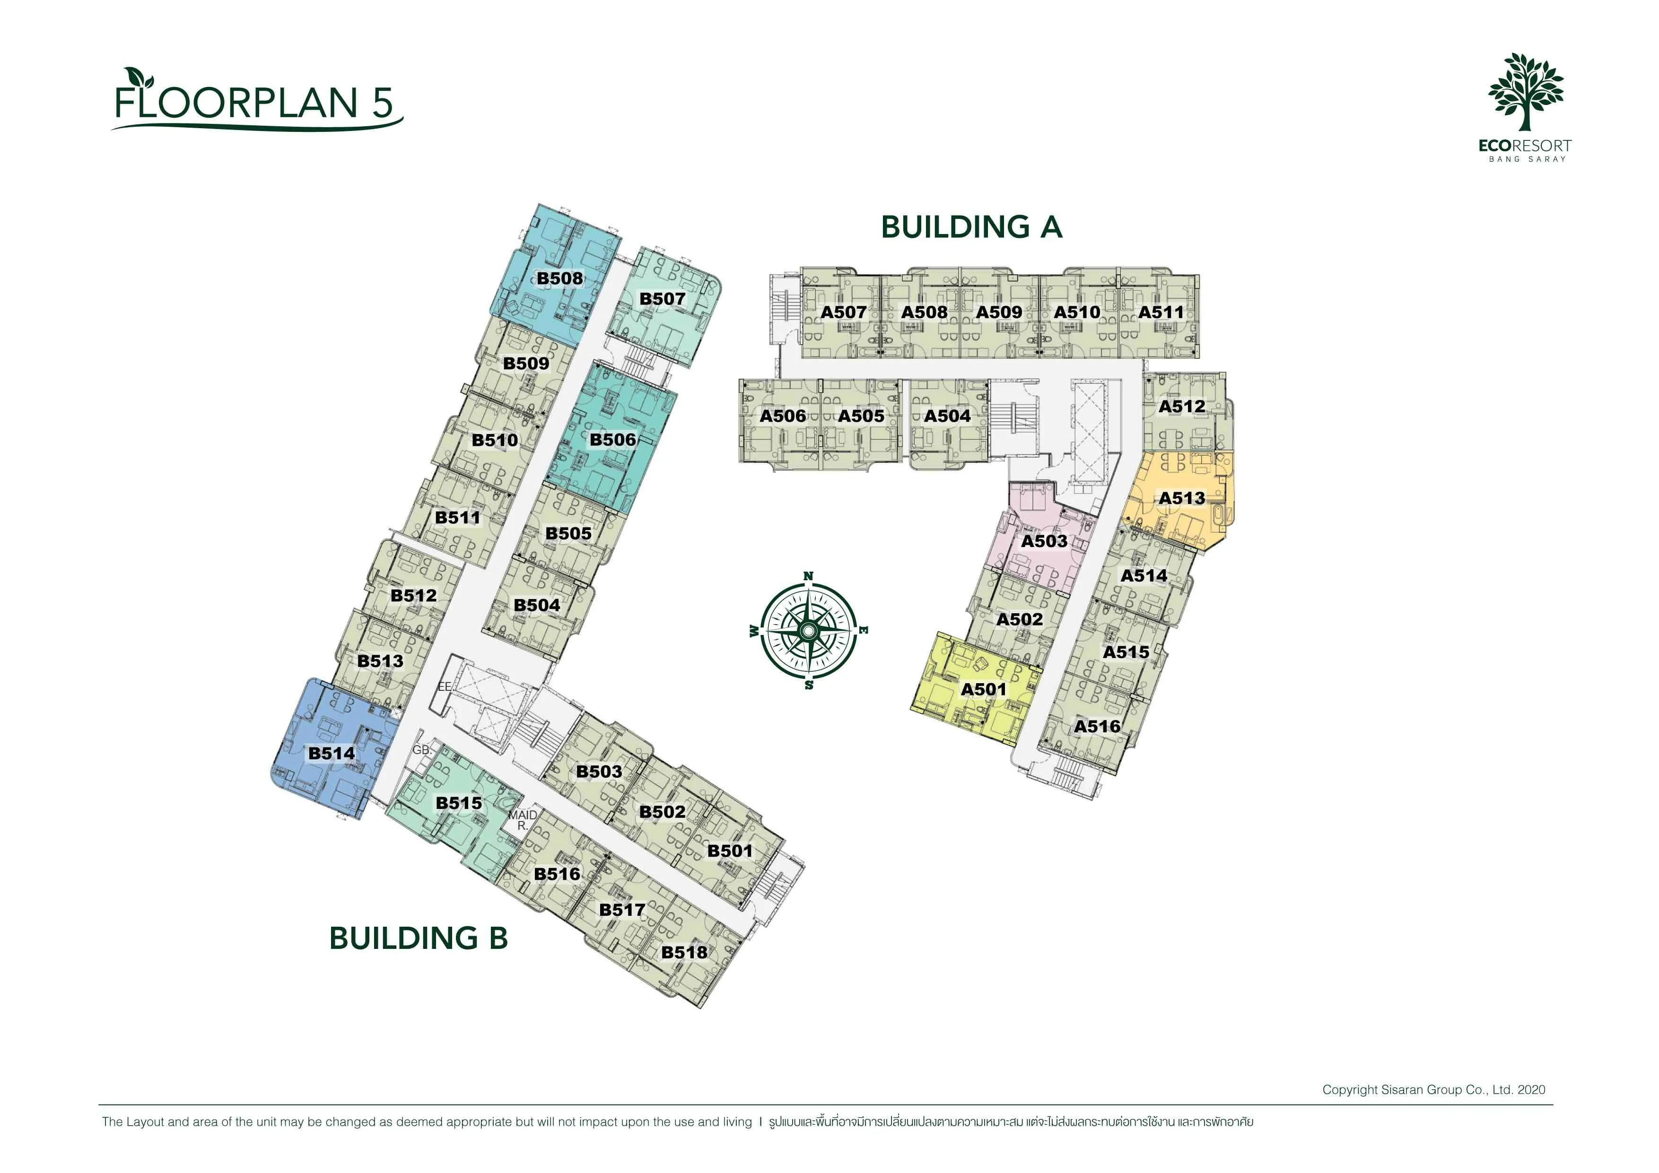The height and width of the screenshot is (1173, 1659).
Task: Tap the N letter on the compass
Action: (x=809, y=576)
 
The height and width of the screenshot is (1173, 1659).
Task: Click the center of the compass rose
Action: (x=809, y=631)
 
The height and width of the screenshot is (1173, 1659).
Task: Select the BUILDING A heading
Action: (x=971, y=227)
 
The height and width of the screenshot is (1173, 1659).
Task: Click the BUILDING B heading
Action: (x=419, y=938)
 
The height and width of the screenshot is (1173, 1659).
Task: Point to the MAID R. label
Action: (x=522, y=820)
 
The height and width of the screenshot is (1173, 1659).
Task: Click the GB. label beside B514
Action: (x=422, y=750)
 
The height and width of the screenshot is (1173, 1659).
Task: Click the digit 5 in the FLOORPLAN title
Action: (x=383, y=103)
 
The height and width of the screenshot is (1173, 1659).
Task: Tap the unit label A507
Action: (x=843, y=312)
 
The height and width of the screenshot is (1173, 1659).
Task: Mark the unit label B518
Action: (x=684, y=952)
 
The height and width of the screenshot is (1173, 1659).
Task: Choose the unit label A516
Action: (x=1097, y=727)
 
